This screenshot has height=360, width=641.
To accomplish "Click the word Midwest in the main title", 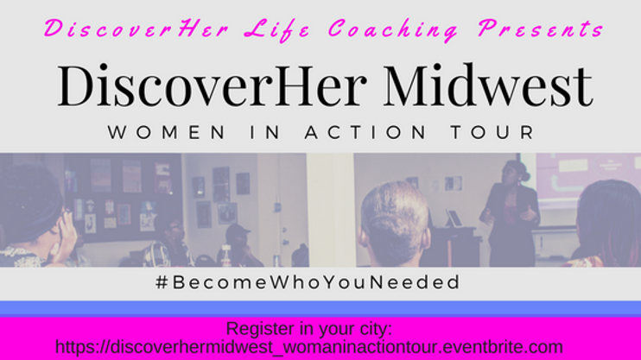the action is coord(488,85).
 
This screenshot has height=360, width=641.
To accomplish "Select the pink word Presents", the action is coord(541,29).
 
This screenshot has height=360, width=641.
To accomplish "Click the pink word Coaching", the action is coord(393,29).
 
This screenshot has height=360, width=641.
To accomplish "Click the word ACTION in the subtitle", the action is coord(366,132).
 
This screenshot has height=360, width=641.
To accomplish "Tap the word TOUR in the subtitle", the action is coord(492,132).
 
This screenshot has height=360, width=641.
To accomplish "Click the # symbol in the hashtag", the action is coord(162,282).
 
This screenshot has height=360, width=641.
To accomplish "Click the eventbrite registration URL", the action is coord(309,347).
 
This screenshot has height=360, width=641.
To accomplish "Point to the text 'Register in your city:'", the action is coord(309,329).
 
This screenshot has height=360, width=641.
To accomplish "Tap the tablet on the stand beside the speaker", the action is coord(454,218).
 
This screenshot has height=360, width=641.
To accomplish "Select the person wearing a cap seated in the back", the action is coord(239,244).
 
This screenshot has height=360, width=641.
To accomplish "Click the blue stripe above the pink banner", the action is coord(320,308).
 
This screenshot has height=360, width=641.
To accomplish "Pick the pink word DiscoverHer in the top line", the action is coord(136,29).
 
